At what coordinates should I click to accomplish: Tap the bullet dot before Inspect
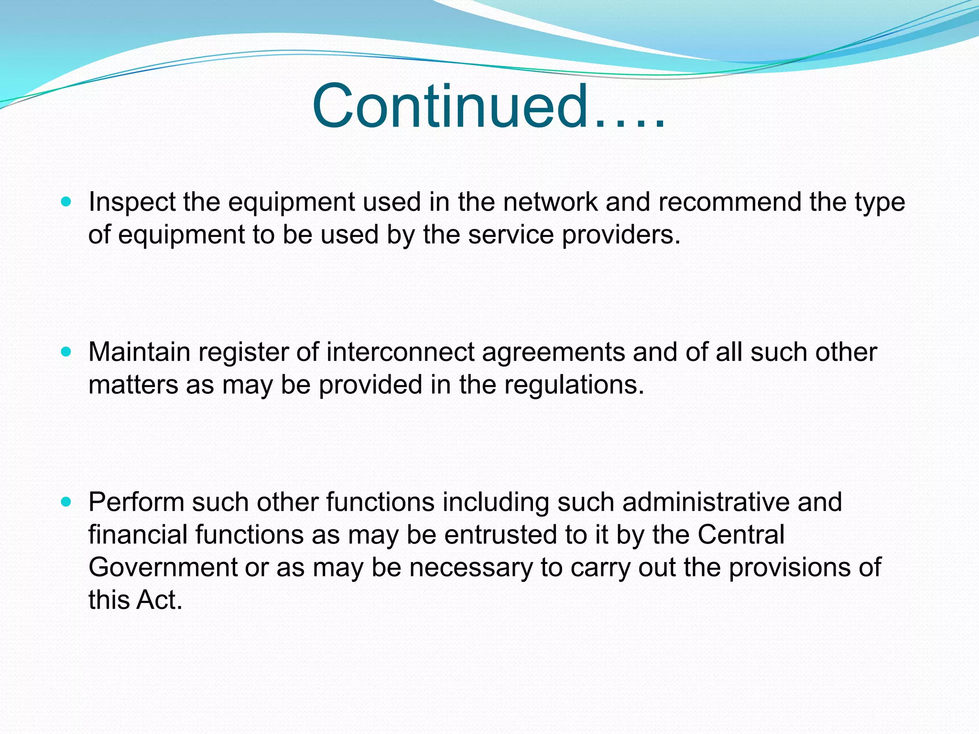(x=66, y=202)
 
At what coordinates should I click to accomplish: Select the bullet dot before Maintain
(x=66, y=352)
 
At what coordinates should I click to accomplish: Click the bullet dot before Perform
(x=66, y=502)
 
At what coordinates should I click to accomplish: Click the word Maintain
(x=139, y=352)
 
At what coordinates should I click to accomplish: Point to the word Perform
(x=136, y=502)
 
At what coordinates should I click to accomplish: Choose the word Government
(x=163, y=567)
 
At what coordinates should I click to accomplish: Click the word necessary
(x=470, y=568)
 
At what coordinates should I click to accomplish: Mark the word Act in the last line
(x=159, y=600)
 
